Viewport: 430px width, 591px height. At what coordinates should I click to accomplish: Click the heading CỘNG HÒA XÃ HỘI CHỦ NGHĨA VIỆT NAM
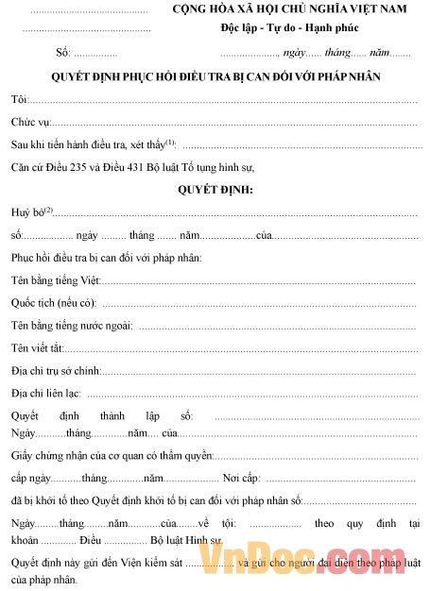tap(295, 10)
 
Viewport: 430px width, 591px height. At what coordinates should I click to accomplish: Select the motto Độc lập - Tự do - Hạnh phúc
tap(295, 29)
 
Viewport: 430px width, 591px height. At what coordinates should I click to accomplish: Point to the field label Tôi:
tap(19, 99)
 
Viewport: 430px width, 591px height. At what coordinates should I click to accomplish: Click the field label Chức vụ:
tap(31, 122)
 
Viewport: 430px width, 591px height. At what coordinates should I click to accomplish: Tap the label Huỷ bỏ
tap(27, 212)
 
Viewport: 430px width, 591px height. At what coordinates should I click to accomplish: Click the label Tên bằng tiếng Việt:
tap(55, 280)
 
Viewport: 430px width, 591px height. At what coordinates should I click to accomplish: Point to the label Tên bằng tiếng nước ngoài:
tap(72, 326)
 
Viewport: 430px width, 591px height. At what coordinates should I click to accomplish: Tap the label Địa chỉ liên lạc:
tap(46, 394)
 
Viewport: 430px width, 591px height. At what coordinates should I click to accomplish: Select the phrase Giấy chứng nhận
tap(46, 456)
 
